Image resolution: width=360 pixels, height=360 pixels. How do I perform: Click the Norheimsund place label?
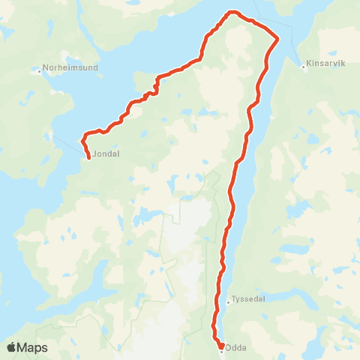67,72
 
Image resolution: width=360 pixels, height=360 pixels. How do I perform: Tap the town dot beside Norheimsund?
38,72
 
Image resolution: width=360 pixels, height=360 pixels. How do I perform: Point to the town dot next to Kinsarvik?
303,65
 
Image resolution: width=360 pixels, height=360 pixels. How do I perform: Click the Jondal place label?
106,154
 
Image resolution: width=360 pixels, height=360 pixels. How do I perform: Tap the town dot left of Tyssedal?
228,302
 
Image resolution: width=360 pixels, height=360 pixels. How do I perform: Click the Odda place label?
236,347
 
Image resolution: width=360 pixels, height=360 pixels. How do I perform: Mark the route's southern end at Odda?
221,346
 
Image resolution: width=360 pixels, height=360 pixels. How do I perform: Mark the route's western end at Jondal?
89,157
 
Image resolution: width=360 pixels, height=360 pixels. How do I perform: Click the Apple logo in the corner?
12,347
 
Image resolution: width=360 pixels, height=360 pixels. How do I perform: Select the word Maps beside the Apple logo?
33,348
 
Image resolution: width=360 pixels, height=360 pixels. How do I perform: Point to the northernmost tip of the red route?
233,12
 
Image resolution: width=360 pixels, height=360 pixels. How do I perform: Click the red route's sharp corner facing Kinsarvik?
278,38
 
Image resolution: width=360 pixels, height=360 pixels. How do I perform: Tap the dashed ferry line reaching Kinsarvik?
292,53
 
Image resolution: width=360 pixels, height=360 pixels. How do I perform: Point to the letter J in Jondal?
95,154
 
